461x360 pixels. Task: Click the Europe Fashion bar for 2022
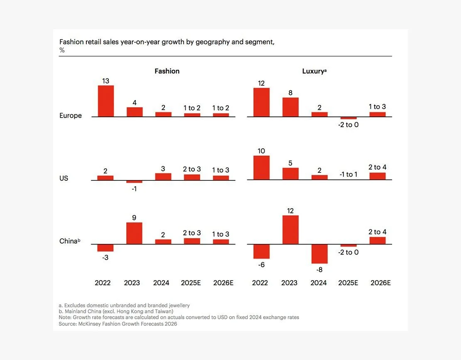coord(105,101)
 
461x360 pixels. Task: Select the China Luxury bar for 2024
coord(319,254)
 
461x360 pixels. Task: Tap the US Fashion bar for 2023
coord(134,182)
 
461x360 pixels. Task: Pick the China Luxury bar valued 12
coord(290,229)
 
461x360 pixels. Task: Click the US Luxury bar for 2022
coord(261,168)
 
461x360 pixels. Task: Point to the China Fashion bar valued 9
coord(134,233)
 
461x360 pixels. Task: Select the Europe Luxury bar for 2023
coord(290,107)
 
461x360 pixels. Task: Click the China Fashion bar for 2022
coord(105,248)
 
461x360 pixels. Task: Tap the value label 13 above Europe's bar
coord(105,81)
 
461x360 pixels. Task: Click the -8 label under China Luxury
coord(319,269)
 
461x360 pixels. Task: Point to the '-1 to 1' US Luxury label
coord(348,174)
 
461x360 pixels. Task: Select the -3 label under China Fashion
coord(105,257)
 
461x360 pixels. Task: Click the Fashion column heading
coord(167,71)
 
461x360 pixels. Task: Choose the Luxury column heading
coord(313,71)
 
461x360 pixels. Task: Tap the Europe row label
coord(71,116)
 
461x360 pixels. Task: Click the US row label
coord(64,178)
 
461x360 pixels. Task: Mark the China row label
coord(69,241)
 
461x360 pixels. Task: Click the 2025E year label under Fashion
coord(191,283)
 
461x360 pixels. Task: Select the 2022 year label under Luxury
coord(260,283)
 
